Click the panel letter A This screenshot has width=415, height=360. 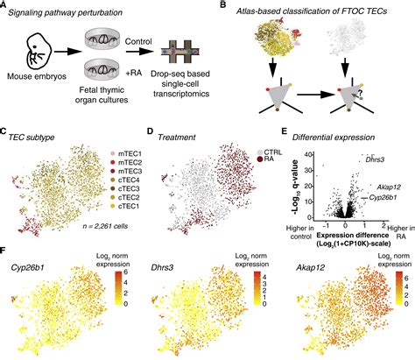(5, 7)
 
